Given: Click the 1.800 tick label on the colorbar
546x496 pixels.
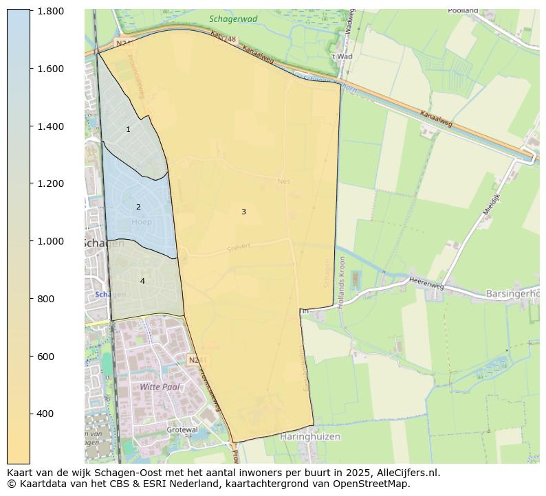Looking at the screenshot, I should click(50, 11).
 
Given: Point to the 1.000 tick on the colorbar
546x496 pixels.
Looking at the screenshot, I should click(50, 241).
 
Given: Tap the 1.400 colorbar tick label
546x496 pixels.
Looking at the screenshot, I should click(50, 126).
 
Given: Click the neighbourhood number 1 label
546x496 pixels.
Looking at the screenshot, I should click(128, 129).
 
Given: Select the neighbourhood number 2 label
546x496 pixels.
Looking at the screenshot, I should click(138, 207).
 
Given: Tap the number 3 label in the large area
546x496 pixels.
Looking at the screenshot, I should click(243, 212).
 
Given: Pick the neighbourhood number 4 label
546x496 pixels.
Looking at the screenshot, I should click(142, 281).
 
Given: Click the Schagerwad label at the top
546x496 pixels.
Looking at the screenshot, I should click(234, 19).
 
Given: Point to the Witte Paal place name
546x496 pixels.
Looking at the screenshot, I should click(160, 387).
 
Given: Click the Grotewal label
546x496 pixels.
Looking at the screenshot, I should click(182, 429).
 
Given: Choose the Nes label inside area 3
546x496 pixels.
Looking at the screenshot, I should click(284, 181).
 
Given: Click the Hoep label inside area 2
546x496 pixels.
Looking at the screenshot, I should click(141, 222).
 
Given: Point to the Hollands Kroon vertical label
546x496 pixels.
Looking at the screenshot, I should click(342, 282).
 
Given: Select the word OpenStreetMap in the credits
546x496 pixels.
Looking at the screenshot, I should click(375, 484).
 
